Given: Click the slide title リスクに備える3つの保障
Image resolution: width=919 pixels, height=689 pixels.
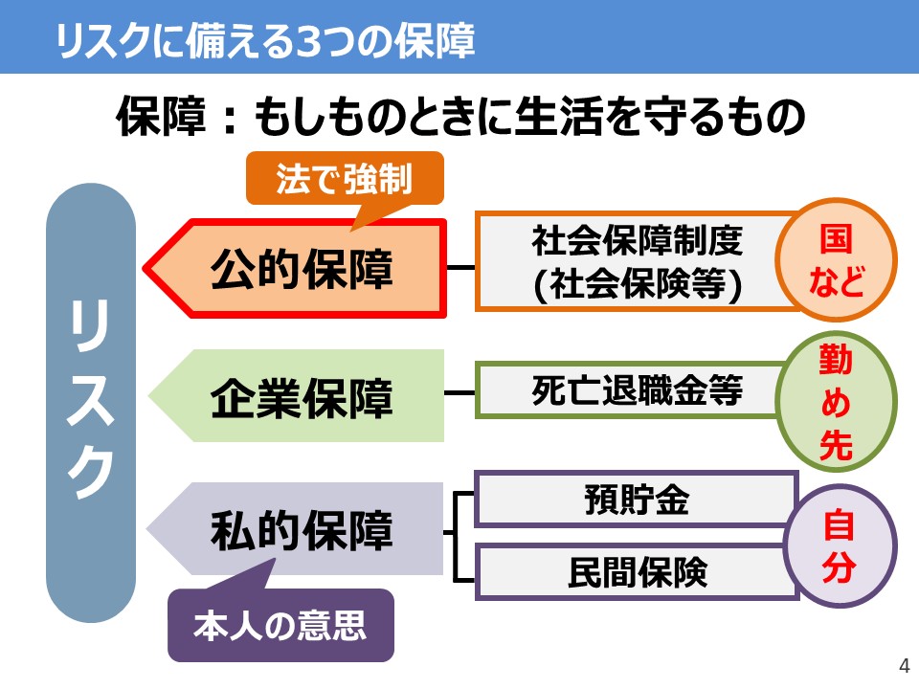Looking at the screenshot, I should [265, 41].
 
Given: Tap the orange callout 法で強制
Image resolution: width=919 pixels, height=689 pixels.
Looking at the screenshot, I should [344, 179].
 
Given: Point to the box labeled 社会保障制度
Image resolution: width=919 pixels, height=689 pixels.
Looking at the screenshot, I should [637, 242].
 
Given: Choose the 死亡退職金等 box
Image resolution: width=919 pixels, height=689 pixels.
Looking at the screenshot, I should [637, 390].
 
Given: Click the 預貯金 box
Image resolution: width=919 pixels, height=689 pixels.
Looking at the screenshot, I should [637, 499].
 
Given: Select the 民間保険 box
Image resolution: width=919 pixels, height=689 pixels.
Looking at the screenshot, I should [637, 571].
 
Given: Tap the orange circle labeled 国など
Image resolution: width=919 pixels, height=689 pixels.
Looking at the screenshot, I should [836, 261].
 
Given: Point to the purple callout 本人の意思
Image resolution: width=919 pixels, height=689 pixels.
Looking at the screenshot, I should [280, 626].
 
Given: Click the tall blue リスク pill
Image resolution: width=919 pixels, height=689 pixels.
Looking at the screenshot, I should [91, 403].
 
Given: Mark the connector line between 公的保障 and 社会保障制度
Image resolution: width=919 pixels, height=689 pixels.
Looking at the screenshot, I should [461, 268].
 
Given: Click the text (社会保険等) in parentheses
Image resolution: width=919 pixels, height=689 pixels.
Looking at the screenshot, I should [637, 286].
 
